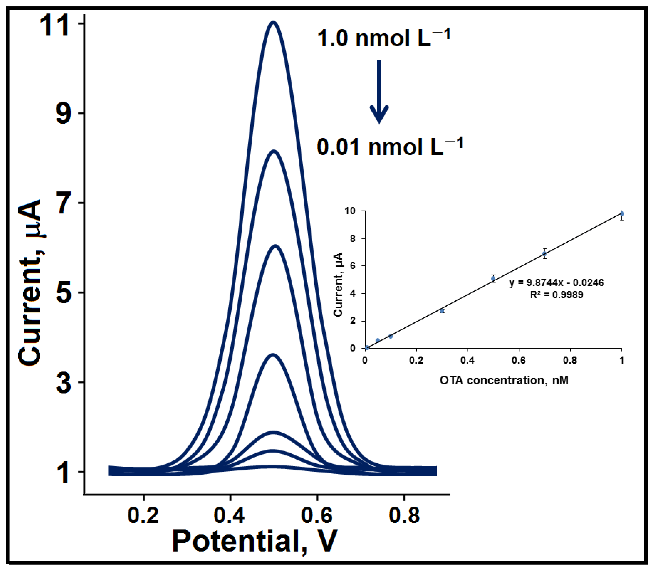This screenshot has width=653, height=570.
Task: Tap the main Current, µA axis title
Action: pyautogui.click(x=30, y=283)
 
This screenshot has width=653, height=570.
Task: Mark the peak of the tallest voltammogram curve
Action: pyautogui.click(x=273, y=22)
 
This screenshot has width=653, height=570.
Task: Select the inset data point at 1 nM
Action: pyautogui.click(x=622, y=214)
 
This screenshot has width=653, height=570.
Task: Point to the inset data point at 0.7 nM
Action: pyautogui.click(x=545, y=254)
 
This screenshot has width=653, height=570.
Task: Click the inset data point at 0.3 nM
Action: pyautogui.click(x=442, y=310)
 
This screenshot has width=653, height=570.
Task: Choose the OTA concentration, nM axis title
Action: pyautogui.click(x=504, y=380)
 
